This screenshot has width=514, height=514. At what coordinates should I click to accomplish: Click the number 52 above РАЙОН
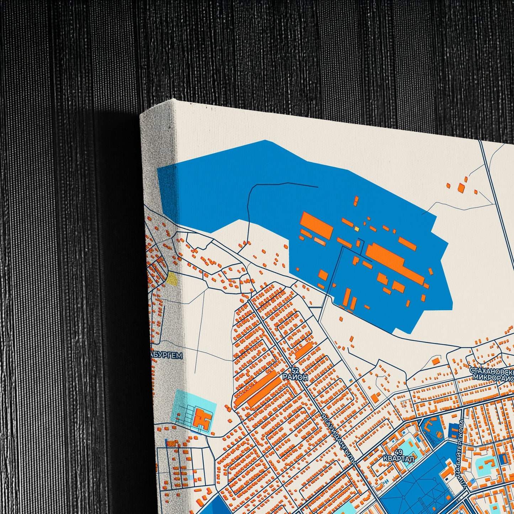pyautogui.click(x=295, y=370)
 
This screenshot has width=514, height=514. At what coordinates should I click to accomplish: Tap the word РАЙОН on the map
pyautogui.click(x=295, y=377)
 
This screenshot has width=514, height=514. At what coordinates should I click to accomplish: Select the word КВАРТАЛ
pyautogui.click(x=398, y=459)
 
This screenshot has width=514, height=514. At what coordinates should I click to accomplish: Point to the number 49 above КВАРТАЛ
pyautogui.click(x=398, y=452)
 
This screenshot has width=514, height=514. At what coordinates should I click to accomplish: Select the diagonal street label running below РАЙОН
pyautogui.click(x=338, y=438)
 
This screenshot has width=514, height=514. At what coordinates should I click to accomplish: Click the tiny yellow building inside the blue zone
pyautogui.click(x=356, y=229)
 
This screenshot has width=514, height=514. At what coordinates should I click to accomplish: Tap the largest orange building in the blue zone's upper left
pyautogui.click(x=317, y=225)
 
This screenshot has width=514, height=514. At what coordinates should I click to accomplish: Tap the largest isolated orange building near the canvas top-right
pyautogui.click(x=461, y=188)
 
